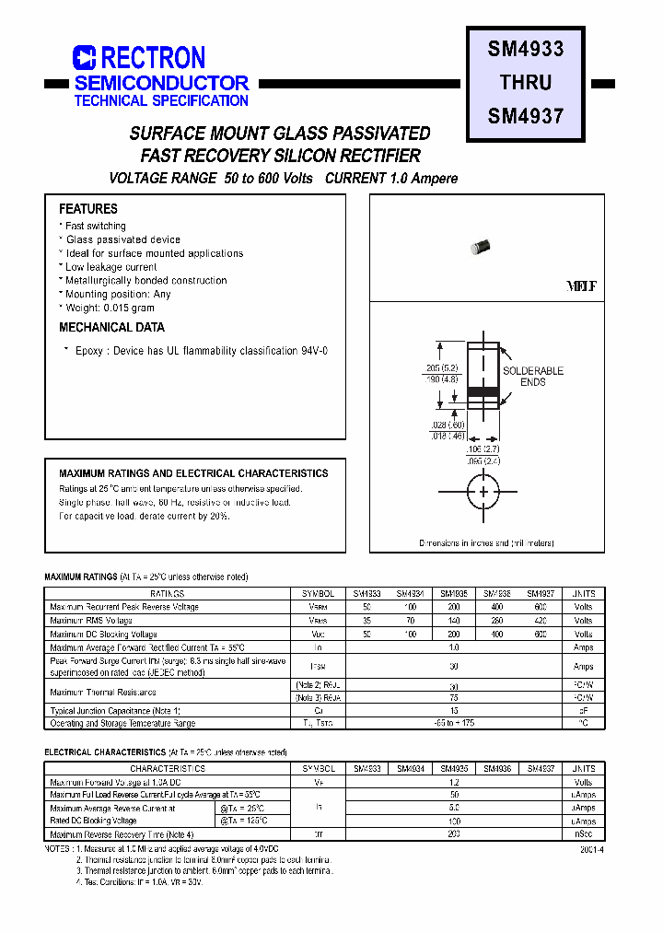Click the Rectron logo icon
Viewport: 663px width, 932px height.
point(84,58)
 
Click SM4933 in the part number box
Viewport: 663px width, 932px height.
point(525,49)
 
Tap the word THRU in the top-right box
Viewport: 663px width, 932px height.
point(525,82)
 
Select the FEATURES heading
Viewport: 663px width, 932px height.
point(88,209)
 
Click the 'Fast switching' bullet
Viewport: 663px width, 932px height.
point(95,226)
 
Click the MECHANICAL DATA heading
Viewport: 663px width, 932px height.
point(111,327)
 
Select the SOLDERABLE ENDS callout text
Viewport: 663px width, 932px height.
point(532,376)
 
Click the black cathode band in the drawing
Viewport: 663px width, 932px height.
point(483,391)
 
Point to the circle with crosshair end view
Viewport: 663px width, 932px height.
point(483,492)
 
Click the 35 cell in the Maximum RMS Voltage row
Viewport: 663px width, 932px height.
point(366,621)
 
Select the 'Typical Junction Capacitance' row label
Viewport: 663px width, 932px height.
point(115,711)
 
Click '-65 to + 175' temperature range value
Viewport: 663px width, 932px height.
point(453,724)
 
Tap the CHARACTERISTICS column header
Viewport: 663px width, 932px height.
point(167,768)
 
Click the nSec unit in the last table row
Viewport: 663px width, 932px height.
point(583,833)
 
